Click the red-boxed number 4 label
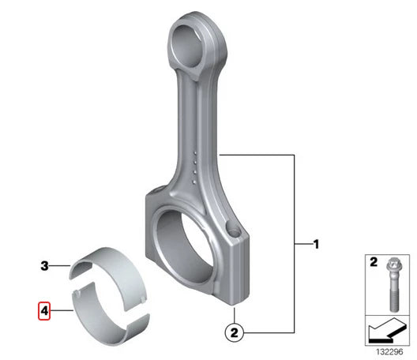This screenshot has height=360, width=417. pos(44,310)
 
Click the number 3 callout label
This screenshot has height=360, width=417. pos(44,265)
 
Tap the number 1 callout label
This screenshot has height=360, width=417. pos(316,244)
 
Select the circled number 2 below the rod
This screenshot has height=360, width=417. pos(234,332)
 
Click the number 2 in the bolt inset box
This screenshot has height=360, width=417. pos(374,262)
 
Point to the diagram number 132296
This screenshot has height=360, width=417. pos(389,352)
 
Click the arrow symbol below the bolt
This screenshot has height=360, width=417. pos(387,331)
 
